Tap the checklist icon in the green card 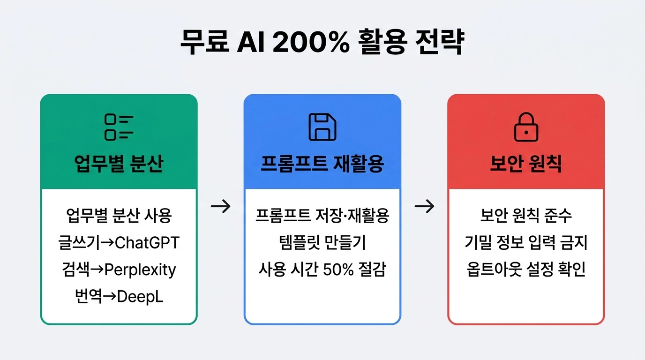click(119, 127)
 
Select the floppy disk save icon click(322, 127)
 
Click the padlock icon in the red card click(526, 127)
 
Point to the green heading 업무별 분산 click(119, 165)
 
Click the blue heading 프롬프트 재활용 click(322, 165)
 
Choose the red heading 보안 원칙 click(526, 165)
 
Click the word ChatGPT click(147, 243)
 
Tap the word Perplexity click(140, 270)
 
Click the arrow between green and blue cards click(221, 206)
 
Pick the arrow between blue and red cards click(424, 206)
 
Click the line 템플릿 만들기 click(322, 243)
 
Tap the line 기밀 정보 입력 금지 click(526, 243)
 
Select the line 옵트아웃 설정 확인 click(526, 270)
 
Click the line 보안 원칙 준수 click(526, 216)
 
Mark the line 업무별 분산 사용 click(119, 216)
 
